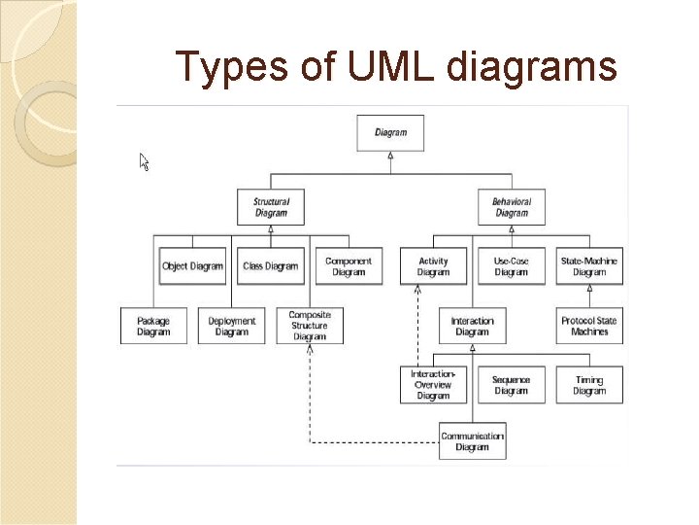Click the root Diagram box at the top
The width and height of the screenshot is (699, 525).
click(x=390, y=133)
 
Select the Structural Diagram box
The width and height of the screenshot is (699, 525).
click(x=271, y=207)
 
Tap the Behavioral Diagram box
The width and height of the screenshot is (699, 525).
click(x=512, y=207)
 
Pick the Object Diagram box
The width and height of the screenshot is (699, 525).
click(x=192, y=266)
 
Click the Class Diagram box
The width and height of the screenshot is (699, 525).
click(x=270, y=266)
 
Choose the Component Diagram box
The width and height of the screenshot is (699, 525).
click(x=348, y=266)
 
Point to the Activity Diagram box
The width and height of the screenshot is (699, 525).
click(x=433, y=266)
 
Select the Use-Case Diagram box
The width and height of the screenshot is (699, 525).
click(x=511, y=266)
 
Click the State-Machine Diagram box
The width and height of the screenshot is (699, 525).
click(x=589, y=266)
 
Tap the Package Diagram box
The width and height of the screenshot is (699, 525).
click(x=153, y=326)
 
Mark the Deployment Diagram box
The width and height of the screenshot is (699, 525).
click(x=231, y=326)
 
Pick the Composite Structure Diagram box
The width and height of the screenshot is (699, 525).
click(x=310, y=326)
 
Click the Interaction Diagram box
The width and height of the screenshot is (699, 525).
click(x=472, y=326)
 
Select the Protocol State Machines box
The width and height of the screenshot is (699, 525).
click(x=589, y=326)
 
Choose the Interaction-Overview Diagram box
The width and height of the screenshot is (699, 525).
click(x=433, y=384)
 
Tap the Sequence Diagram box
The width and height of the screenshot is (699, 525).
click(x=511, y=385)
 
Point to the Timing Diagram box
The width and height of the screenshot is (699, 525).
click(x=589, y=385)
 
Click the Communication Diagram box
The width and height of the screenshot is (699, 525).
click(x=472, y=441)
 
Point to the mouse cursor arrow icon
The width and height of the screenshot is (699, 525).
click(x=144, y=161)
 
